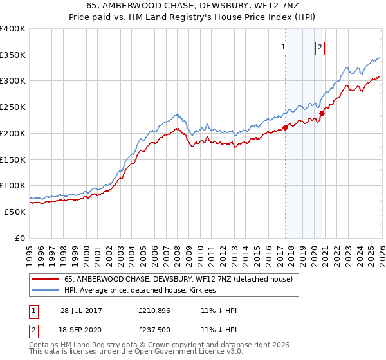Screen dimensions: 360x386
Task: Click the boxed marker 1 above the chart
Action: pos(284,46)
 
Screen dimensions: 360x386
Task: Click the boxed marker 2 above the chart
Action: pos(320,46)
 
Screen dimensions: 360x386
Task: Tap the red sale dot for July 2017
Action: pos(285,127)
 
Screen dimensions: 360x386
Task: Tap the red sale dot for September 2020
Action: pos(322,113)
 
